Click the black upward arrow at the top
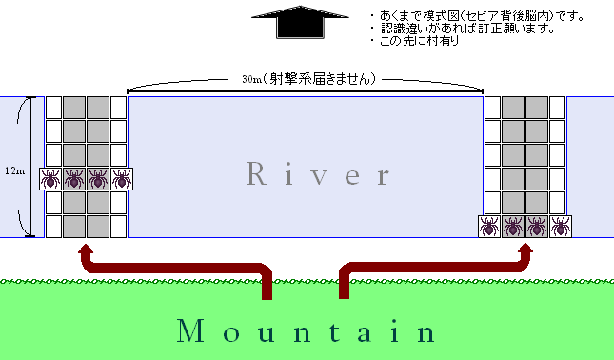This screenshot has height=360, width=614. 300,22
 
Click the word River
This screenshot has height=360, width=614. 318,173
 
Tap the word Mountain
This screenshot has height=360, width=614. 307,331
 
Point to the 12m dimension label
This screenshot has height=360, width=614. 14,170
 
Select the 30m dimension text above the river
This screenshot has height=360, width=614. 309,79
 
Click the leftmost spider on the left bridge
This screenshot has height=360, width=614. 50,179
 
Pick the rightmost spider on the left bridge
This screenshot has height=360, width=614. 122,179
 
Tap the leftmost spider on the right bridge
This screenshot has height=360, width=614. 489,227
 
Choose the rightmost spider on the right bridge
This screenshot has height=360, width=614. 561,227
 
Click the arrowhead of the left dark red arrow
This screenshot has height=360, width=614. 86,250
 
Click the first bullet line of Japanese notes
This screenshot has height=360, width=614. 477,16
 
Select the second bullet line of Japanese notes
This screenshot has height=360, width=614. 463,29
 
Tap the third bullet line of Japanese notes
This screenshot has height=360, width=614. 415,40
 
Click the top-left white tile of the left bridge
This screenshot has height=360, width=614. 53,108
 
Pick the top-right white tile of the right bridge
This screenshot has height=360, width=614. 558,108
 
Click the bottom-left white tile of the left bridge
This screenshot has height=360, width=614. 53,227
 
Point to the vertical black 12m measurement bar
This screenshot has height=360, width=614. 30,167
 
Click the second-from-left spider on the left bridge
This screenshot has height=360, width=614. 74,179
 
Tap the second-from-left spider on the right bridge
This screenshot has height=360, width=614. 513,227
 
